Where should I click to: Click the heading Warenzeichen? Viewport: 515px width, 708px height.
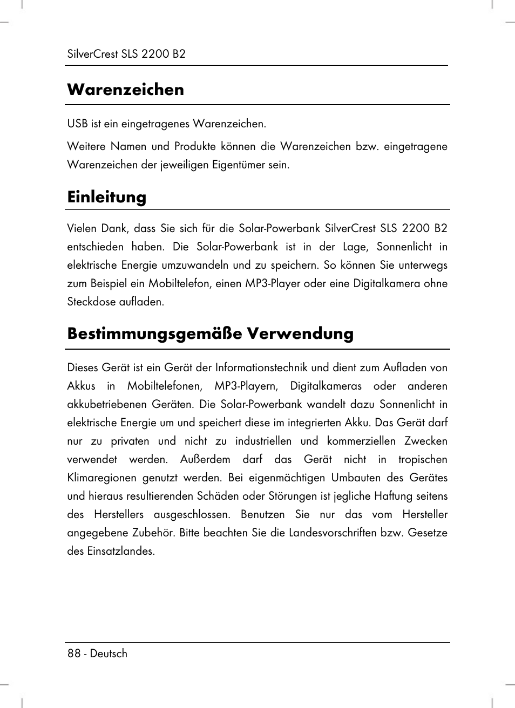[125, 89]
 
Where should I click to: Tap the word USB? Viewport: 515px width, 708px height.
[77, 124]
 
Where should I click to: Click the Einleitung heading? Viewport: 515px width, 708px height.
[106, 196]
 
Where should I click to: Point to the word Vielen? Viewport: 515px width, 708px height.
[82, 228]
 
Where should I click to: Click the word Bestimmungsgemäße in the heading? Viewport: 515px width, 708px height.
[154, 333]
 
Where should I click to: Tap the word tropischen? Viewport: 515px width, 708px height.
[423, 459]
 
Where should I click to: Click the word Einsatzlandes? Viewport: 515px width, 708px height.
[121, 551]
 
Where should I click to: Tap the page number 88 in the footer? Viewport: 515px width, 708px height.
[74, 653]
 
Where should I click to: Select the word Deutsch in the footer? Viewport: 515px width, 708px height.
[109, 653]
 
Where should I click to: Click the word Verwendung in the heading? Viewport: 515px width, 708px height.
[300, 333]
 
